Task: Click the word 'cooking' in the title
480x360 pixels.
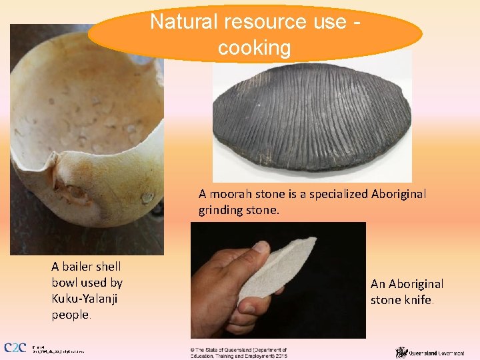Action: [255, 47]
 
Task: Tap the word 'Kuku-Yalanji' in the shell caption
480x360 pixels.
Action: [85, 298]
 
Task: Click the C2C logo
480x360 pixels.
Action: [15, 348]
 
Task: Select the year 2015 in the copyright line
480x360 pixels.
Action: [279, 355]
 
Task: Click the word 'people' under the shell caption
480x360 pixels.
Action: [70, 314]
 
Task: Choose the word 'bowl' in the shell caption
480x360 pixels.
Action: [65, 282]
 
